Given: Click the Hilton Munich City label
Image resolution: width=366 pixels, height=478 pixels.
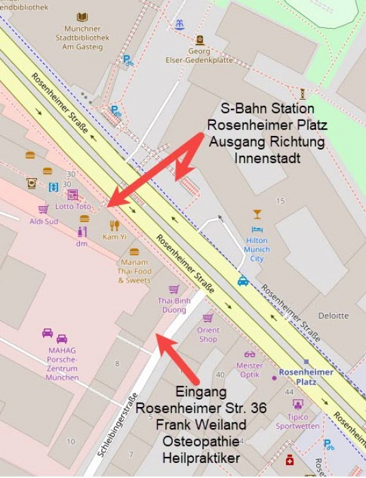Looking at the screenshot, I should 257,249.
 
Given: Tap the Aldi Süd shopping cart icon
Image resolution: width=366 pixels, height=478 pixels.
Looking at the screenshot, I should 43,209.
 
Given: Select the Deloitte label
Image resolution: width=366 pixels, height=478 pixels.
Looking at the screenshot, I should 333,315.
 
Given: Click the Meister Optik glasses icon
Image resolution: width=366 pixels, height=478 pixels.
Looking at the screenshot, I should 249,354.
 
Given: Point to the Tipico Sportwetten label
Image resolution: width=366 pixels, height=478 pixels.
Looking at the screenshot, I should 297,421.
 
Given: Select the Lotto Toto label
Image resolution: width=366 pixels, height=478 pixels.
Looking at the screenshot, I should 73,206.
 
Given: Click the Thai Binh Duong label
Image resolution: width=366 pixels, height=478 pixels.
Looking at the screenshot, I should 174,305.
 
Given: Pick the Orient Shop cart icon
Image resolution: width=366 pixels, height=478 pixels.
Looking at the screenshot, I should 208,318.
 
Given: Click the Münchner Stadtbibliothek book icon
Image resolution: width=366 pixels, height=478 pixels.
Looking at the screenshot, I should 82,17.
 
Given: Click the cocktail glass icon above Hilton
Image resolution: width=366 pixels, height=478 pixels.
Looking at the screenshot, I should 257,214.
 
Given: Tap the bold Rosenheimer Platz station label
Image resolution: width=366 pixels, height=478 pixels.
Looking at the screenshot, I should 307,377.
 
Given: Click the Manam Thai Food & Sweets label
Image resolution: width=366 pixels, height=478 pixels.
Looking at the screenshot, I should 135,271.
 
